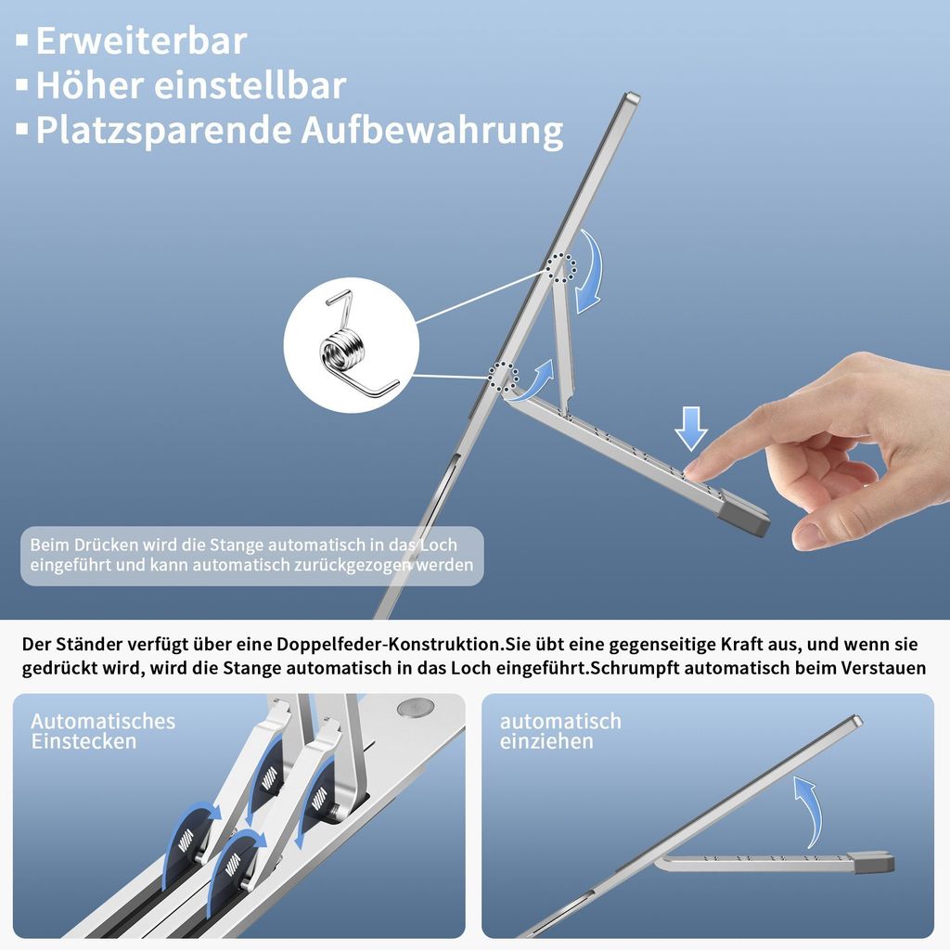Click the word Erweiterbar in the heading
141,42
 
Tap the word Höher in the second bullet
89,86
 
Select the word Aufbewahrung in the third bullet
431,130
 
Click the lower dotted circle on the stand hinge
503,377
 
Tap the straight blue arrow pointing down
691,427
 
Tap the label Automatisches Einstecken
102,731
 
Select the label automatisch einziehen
560,731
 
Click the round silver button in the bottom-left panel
415,708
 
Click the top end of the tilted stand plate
632,97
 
